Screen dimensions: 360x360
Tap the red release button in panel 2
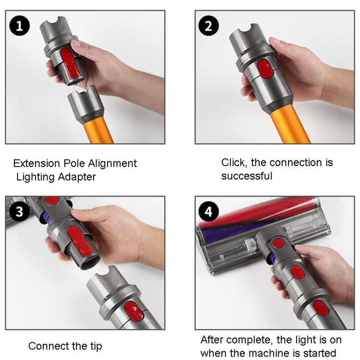265,71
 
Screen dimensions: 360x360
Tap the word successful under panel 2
247,176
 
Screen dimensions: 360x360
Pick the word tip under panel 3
94,346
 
